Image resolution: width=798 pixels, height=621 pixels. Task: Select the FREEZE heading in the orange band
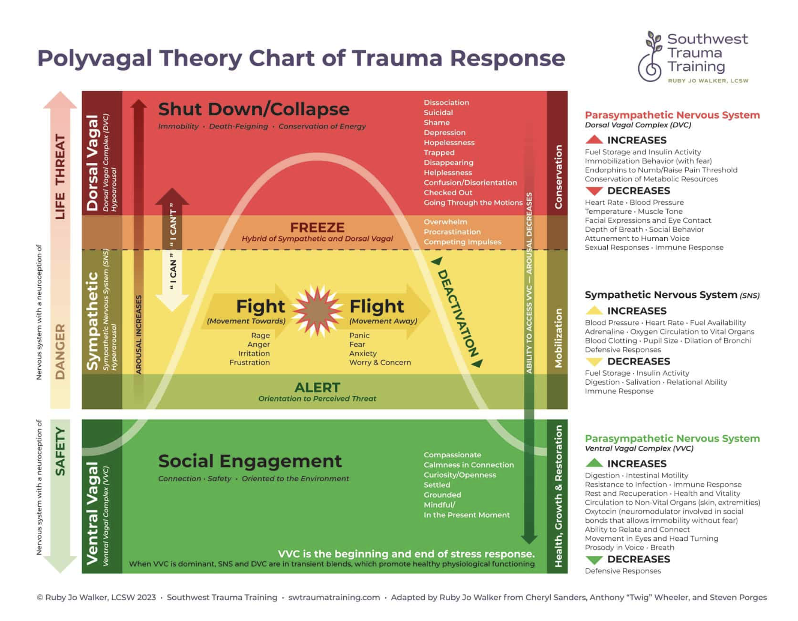click(317, 227)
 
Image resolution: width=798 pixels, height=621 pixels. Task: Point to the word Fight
click(260, 306)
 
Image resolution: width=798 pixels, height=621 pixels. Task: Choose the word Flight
click(376, 306)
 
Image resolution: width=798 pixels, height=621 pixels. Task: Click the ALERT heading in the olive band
click(317, 387)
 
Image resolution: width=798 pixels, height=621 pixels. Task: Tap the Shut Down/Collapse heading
click(253, 109)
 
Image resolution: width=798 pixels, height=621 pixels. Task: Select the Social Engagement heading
click(250, 461)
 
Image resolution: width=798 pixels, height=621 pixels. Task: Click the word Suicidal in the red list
click(438, 113)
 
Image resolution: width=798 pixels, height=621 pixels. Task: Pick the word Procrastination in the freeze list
click(452, 232)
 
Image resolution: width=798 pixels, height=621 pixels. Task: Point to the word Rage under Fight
click(260, 335)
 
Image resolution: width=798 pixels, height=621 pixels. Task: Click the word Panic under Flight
click(359, 335)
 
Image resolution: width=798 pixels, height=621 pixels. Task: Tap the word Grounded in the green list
click(442, 495)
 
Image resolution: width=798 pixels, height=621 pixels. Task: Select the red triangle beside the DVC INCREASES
click(594, 140)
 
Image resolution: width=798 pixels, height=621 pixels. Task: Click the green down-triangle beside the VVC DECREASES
click(594, 560)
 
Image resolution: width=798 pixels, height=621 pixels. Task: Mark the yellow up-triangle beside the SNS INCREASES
click(594, 310)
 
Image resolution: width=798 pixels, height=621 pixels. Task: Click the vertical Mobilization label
click(558, 338)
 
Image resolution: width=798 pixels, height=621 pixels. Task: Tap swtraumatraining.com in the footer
click(334, 597)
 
